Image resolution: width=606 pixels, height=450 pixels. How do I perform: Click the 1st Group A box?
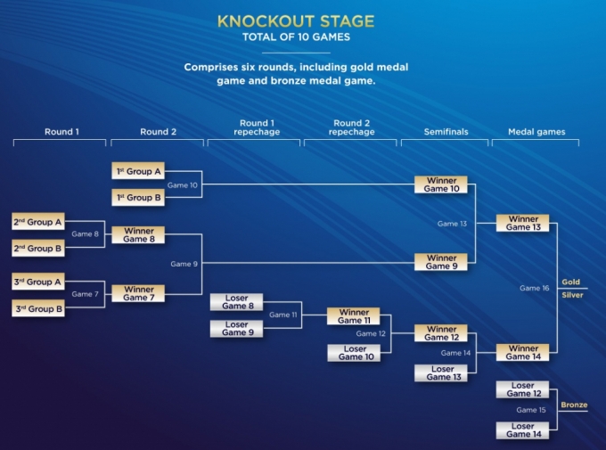point(138,171)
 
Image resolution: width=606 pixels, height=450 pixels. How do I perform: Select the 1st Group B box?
point(138,197)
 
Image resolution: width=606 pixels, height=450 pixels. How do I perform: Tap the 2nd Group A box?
point(37,222)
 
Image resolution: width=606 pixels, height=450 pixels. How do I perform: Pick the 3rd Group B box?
point(37,308)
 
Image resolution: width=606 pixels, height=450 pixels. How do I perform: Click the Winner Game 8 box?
point(138,234)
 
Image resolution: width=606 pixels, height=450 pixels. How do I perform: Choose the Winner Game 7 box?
point(138,293)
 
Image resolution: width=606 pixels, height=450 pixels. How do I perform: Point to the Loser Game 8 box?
point(236,302)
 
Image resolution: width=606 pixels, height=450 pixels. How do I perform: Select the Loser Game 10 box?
point(354,353)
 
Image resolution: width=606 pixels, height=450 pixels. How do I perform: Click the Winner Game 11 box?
point(353,315)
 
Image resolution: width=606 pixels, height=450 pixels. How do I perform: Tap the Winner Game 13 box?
point(522,223)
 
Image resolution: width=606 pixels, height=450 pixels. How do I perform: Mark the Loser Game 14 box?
point(522,430)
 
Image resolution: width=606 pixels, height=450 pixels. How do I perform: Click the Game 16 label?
point(534,288)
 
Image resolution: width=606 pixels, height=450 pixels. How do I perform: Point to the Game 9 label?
point(184,264)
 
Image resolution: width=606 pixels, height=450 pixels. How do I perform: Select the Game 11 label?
point(283,315)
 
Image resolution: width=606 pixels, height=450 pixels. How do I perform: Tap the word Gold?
point(571,282)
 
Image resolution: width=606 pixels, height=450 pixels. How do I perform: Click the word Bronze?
point(574,405)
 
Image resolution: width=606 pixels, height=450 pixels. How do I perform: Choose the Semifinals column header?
point(446,132)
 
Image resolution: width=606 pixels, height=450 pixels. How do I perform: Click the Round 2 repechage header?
point(352,127)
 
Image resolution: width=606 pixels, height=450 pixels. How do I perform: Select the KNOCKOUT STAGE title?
point(296,21)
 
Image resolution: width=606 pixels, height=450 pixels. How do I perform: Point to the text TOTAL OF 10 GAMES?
point(296,37)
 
